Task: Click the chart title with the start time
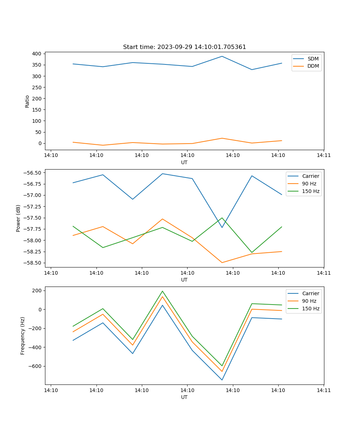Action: point(184,47)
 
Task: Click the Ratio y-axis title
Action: point(27,102)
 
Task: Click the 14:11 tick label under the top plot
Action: point(324,156)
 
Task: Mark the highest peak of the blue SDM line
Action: point(222,56)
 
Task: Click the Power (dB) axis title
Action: point(18,218)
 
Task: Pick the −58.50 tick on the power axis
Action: point(31,263)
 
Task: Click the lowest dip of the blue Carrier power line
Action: point(222,228)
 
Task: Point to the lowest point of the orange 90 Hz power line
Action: point(222,262)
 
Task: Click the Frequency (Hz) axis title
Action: point(23,336)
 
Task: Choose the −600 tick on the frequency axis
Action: point(35,366)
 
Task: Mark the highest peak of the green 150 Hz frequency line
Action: point(162,291)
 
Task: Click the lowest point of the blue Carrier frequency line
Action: point(222,380)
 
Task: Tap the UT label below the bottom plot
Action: point(184,397)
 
